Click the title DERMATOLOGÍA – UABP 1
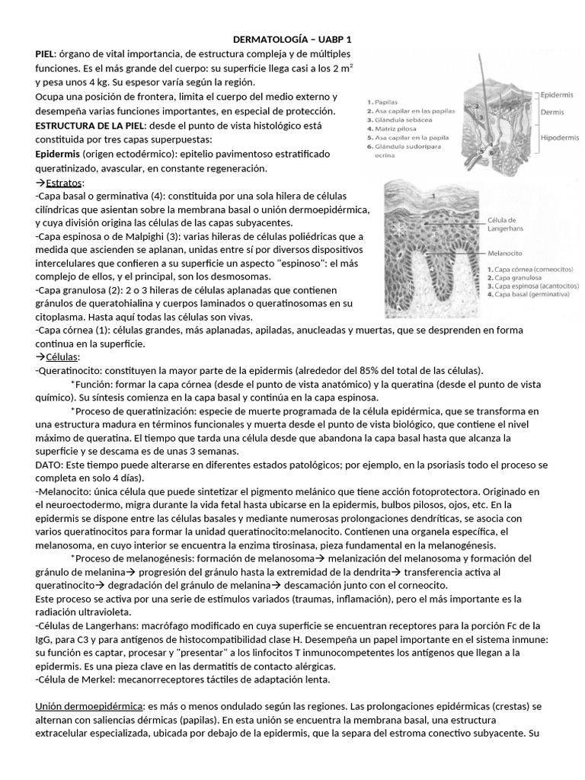click(292, 39)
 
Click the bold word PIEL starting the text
click(46, 53)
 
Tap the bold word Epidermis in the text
click(61, 154)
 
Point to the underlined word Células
click(65, 357)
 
